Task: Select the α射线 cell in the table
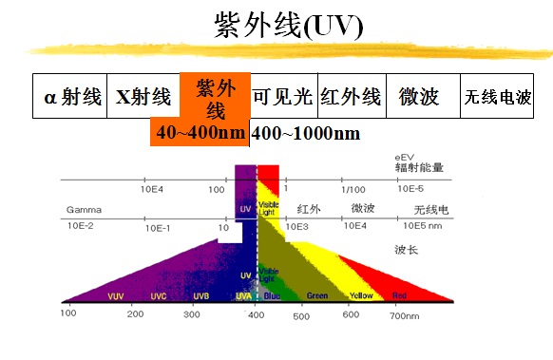(69, 97)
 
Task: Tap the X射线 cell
(143, 97)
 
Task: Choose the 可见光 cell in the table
(282, 97)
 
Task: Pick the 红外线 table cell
(351, 97)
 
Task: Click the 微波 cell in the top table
(419, 97)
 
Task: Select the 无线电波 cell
(503, 98)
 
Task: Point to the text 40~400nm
(200, 133)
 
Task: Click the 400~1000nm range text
(306, 133)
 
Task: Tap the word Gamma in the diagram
(84, 208)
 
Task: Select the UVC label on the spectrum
(159, 295)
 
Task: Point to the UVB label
(200, 295)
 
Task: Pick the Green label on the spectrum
(317, 295)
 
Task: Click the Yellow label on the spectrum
(360, 295)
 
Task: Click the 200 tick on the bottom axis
(135, 313)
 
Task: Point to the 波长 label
(407, 248)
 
